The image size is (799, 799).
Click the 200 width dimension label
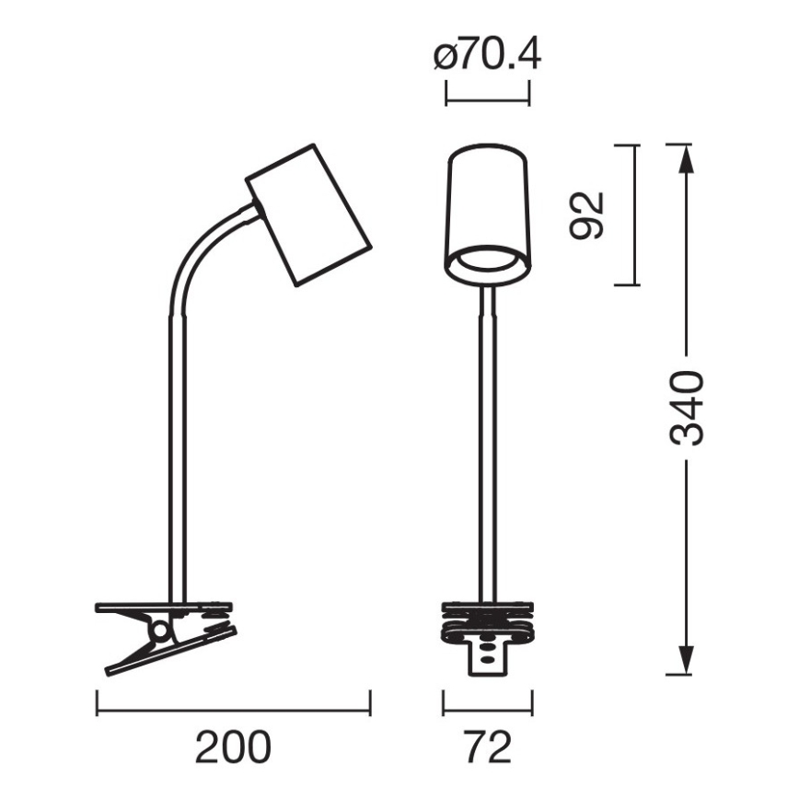pos(233,747)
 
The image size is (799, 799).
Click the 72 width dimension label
pos(487,747)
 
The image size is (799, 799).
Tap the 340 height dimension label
pos(686,409)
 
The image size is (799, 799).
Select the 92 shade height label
pos(586,214)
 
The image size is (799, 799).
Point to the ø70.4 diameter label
pos(487,57)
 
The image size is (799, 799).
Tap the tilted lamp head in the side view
pos(309,214)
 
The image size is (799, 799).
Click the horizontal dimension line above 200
pos(233,710)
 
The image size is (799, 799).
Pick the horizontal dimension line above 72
pos(488,710)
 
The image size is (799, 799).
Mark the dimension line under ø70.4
pos(487,94)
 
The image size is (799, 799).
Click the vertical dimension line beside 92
pos(636,214)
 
